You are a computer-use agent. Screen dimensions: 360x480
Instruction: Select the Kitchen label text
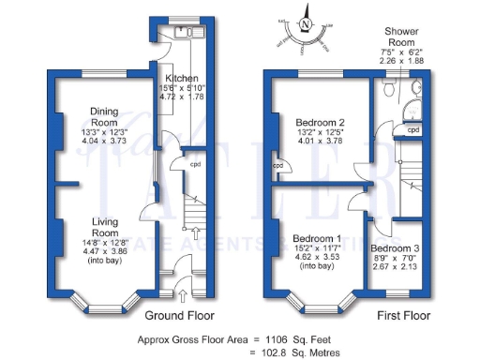point(181,78)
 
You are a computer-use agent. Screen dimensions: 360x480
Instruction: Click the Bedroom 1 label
point(317,238)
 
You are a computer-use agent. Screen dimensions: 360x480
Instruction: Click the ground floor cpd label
point(195,164)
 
